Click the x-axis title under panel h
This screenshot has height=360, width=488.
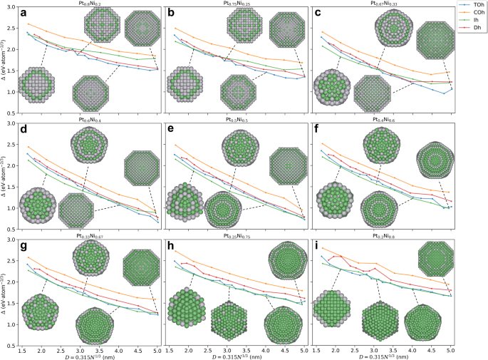click(236, 355)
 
